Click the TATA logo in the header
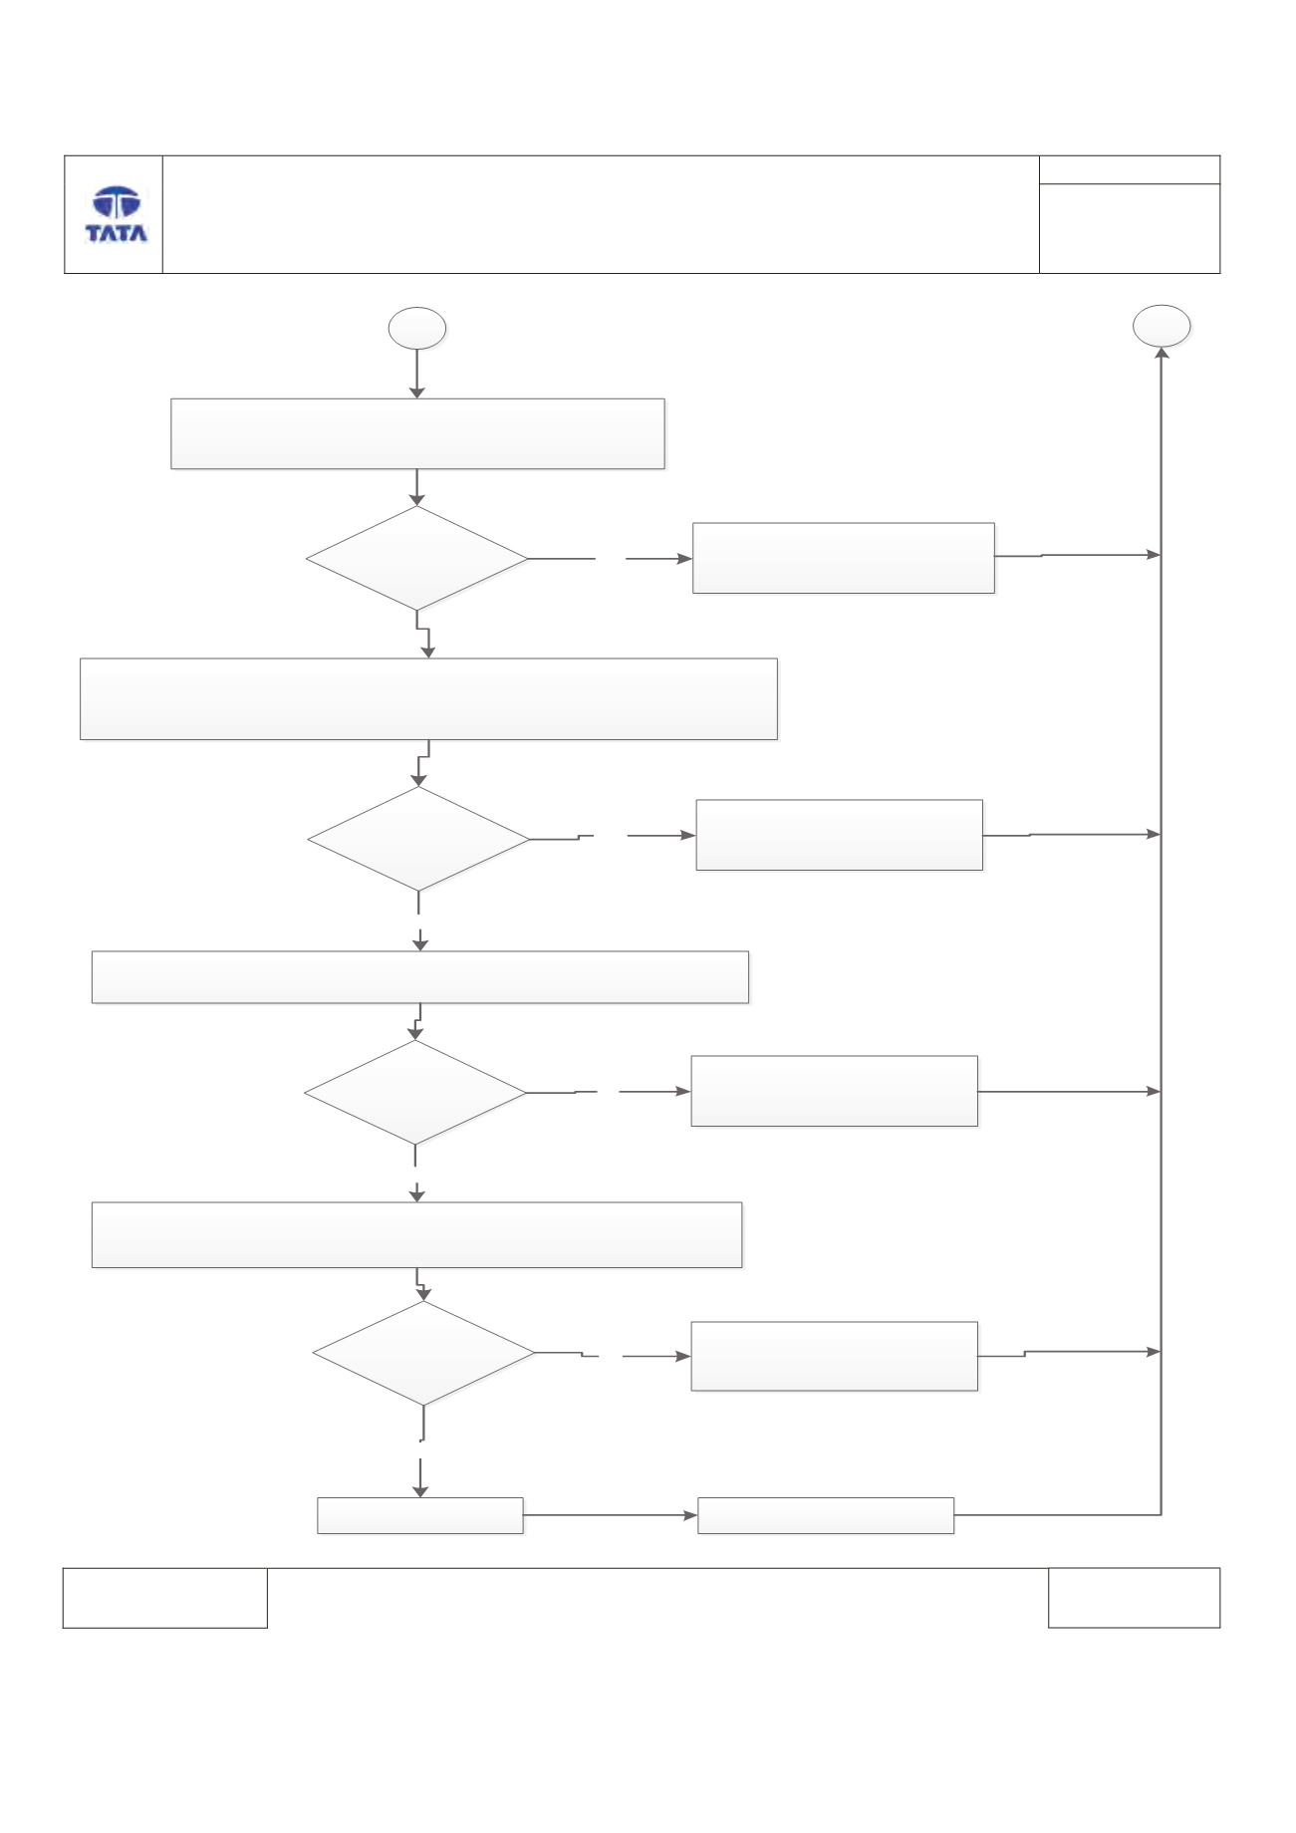[x=117, y=214]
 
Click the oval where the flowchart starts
[x=416, y=328]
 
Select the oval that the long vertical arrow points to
[x=1163, y=326]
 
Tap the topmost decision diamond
[x=417, y=558]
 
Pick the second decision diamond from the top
[x=419, y=839]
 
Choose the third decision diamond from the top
[x=415, y=1093]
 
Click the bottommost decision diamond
[x=424, y=1354]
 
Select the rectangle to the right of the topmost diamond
[x=844, y=558]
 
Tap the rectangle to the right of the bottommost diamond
[x=835, y=1356]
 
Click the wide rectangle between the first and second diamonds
[x=428, y=698]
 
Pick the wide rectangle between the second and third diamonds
[x=420, y=976]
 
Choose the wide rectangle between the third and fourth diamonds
[x=417, y=1234]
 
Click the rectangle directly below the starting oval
[x=417, y=433]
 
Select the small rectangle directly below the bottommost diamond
[x=420, y=1515]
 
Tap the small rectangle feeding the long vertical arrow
[x=826, y=1515]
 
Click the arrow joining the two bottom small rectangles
[x=611, y=1515]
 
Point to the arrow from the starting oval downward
[x=416, y=375]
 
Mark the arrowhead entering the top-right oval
[x=1163, y=354]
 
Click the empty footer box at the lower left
[x=165, y=1598]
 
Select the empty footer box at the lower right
[x=1134, y=1598]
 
